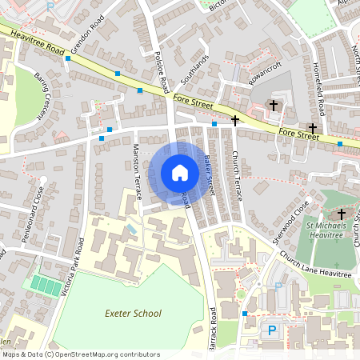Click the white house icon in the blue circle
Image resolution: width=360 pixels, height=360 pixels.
(x=180, y=173)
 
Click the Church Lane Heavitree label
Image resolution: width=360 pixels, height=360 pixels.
(x=316, y=265)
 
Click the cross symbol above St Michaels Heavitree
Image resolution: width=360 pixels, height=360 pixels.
(x=342, y=214)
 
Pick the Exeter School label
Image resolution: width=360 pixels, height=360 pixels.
(x=132, y=314)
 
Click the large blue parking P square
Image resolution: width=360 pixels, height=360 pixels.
(x=272, y=330)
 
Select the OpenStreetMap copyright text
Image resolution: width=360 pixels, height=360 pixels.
(x=80, y=354)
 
